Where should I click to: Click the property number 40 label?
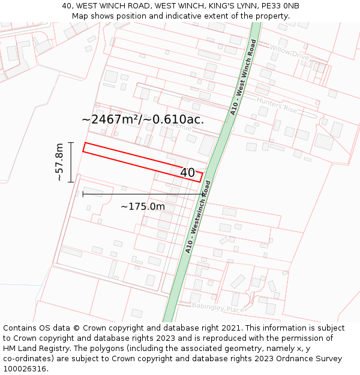tap(188, 173)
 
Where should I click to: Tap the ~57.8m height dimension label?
tap(59, 162)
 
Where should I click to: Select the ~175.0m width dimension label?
tap(143, 206)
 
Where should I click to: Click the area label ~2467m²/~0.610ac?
tap(143, 119)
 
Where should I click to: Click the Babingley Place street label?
tap(218, 307)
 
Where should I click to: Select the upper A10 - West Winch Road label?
tap(244, 77)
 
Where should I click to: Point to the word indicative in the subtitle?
tap(165, 16)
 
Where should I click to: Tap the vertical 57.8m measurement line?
tap(71, 162)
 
